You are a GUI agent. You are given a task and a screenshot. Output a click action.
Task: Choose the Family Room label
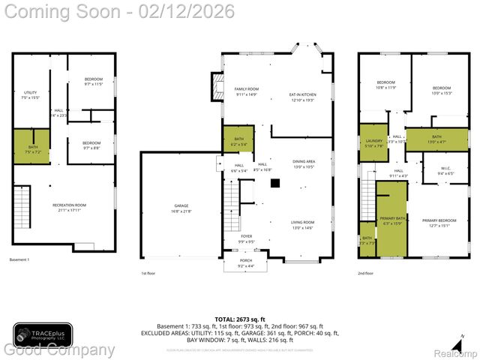(246, 91)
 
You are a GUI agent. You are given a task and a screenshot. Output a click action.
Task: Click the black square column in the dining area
(275, 183)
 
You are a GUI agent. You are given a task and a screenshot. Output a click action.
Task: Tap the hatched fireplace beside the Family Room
(218, 82)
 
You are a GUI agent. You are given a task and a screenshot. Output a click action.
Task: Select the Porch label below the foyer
(247, 264)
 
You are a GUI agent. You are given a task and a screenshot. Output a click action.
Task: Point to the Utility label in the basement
(30, 94)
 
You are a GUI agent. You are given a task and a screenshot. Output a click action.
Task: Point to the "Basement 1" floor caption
(19, 259)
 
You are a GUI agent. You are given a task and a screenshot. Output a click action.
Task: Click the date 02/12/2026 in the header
(194, 12)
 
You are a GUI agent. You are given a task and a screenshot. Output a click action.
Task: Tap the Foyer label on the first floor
(247, 238)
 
